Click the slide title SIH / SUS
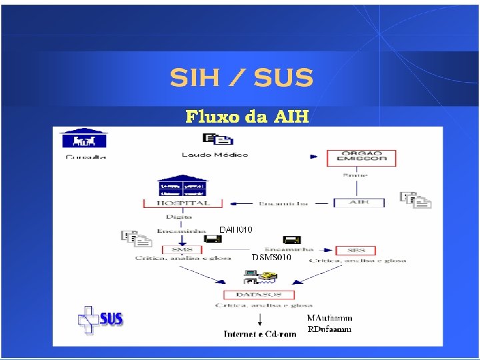point(241,78)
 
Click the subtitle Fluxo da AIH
point(247,117)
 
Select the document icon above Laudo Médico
point(218,139)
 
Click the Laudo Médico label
point(215,155)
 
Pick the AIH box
point(358,202)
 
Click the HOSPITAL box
point(183,203)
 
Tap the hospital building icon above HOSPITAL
point(182,187)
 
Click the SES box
point(355,250)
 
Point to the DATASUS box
point(258,294)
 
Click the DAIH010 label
point(236,230)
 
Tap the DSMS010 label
point(271,257)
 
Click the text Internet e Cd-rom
point(260,333)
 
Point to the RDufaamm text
point(329,329)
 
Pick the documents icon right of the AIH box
point(415,200)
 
